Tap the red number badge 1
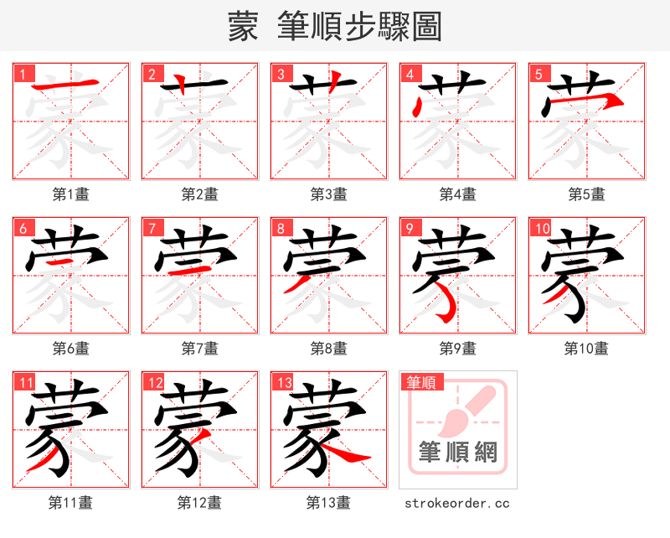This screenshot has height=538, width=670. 22,74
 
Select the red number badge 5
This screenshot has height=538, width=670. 538,74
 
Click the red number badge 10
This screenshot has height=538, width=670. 542,228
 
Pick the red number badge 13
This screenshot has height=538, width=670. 284,383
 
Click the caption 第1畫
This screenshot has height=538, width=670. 71,194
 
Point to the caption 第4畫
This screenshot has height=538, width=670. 458,194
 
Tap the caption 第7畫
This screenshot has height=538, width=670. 200,349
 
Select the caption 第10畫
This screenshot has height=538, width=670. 586,349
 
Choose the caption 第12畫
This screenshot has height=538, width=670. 199,503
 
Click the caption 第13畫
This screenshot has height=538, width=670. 328,503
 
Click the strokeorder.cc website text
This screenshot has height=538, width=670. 457,503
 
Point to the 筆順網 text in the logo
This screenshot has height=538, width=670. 458,453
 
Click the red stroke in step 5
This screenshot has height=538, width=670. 586,100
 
